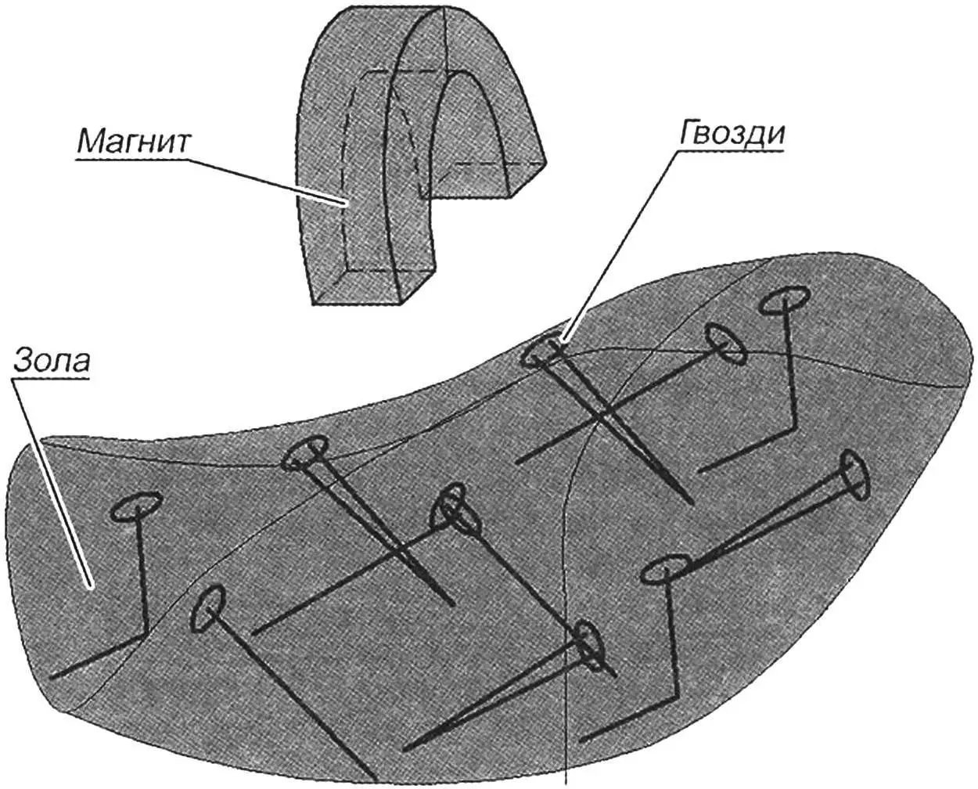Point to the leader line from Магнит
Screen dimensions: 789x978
tap(266, 181)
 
